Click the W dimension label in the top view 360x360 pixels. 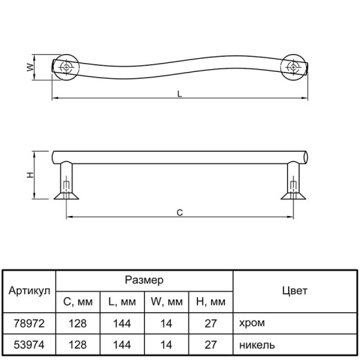tap(30, 67)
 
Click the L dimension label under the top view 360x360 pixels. tap(179, 94)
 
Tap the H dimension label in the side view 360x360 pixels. tap(30, 175)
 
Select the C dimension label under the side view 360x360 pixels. tap(179, 213)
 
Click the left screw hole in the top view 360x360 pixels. tap(66, 67)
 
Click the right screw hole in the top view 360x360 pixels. tap(293, 67)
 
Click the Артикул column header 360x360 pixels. tap(29, 291)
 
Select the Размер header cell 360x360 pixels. tap(144, 280)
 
